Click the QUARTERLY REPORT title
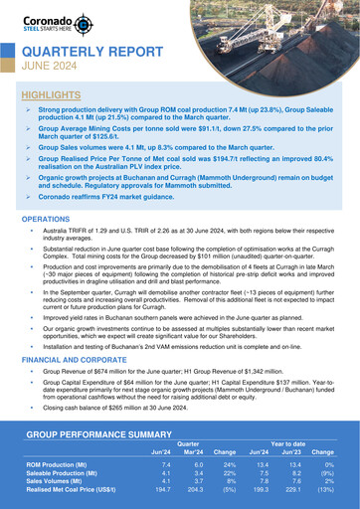click(88, 52)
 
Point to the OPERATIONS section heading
click(46, 218)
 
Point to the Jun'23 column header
click(291, 452)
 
